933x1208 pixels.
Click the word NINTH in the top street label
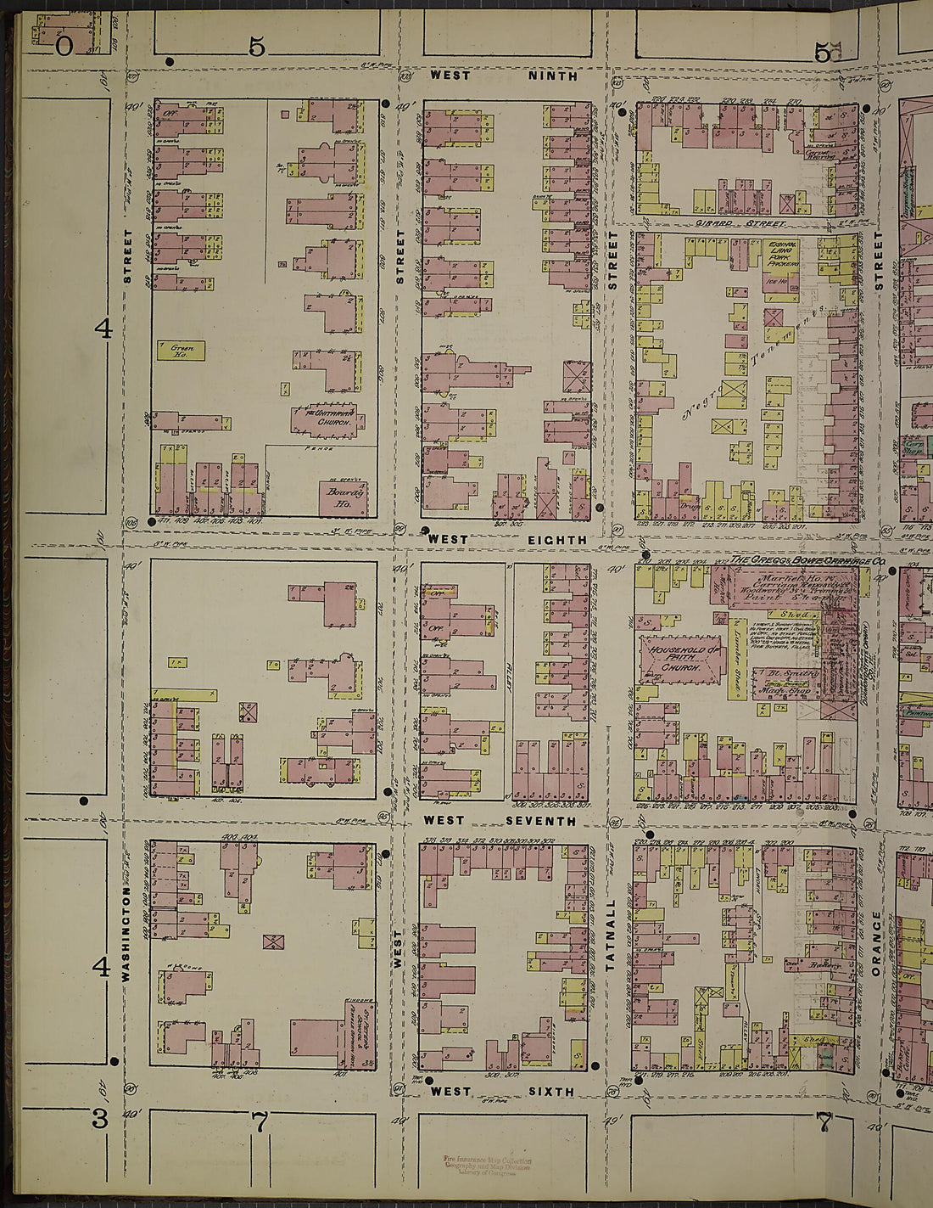[x=553, y=76]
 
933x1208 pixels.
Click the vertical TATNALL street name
[x=611, y=934]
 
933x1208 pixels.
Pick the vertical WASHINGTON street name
[x=126, y=934]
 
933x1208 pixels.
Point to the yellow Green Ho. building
[x=181, y=350]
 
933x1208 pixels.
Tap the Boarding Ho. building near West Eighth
[x=344, y=497]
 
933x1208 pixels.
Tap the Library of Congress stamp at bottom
[x=488, y=1165]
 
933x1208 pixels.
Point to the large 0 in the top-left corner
[x=64, y=46]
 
